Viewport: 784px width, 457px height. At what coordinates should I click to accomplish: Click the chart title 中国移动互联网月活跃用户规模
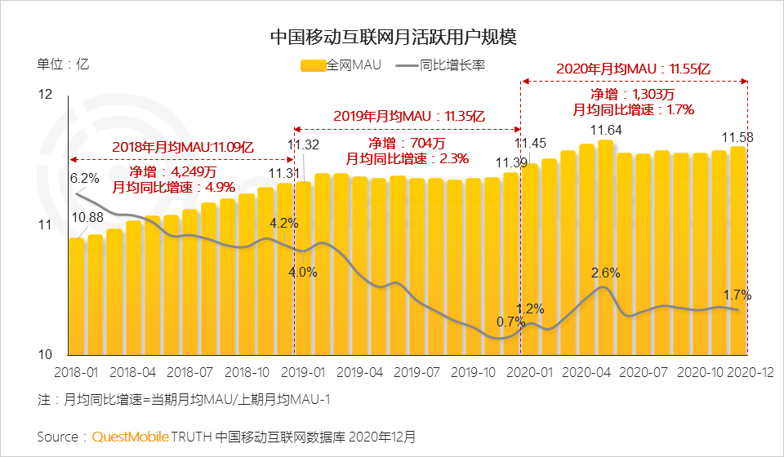[393, 38]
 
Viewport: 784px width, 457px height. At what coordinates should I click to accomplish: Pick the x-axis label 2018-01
[76, 371]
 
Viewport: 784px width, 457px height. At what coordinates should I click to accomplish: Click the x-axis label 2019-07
[417, 371]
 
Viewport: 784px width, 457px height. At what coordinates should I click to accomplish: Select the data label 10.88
[87, 218]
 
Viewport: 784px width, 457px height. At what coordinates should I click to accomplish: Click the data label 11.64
[606, 130]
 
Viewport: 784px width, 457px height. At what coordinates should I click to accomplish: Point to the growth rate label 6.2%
[84, 178]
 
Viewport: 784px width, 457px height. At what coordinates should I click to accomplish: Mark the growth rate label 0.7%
[510, 322]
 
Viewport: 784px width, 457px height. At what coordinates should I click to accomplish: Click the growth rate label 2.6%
[606, 273]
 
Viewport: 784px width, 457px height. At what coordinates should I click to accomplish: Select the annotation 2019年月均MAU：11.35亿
[408, 116]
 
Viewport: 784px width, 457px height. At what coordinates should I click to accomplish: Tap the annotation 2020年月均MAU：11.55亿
[633, 69]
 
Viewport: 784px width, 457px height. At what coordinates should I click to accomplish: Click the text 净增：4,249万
[172, 172]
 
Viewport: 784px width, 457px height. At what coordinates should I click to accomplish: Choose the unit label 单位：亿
[62, 65]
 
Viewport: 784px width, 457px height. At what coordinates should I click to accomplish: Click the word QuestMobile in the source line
[129, 437]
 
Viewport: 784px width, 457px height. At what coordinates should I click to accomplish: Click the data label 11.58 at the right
[737, 135]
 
